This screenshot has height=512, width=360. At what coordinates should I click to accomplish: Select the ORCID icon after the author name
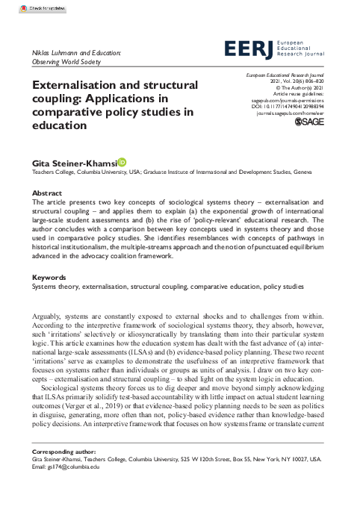(x=122, y=160)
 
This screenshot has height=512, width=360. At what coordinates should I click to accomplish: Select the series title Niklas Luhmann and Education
(x=77, y=54)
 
